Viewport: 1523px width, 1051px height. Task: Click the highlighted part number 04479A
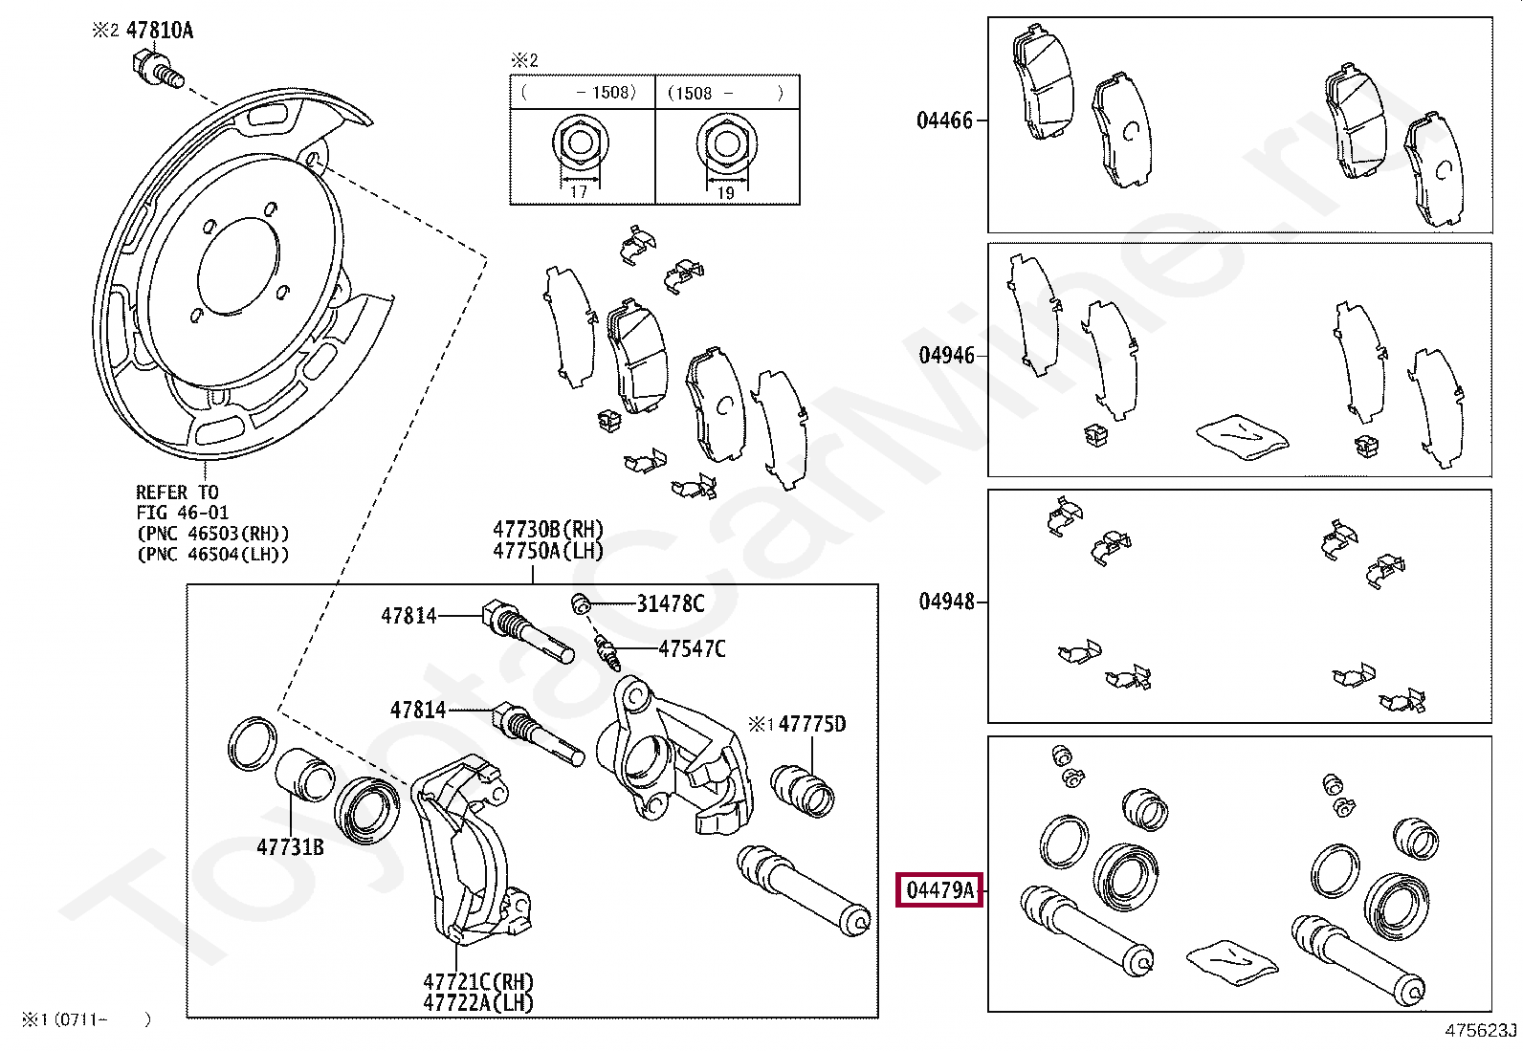(938, 891)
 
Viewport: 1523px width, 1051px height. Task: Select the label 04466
(943, 120)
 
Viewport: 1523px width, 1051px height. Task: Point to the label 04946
(946, 356)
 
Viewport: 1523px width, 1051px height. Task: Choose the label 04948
(946, 602)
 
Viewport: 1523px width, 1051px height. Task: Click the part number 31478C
(671, 603)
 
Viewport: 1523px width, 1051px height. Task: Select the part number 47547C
(691, 649)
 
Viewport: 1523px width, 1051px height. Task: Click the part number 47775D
(811, 724)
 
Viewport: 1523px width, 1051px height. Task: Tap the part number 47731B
(290, 846)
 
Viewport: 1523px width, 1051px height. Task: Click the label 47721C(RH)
(478, 982)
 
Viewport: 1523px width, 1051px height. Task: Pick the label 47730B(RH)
(548, 530)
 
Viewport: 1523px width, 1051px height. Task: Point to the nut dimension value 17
(580, 192)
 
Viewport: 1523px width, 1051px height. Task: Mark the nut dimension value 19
(725, 192)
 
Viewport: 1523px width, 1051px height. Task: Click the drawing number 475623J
(1481, 1031)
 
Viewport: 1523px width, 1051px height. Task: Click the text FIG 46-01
(182, 514)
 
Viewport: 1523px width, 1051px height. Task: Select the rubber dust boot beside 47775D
(802, 789)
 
